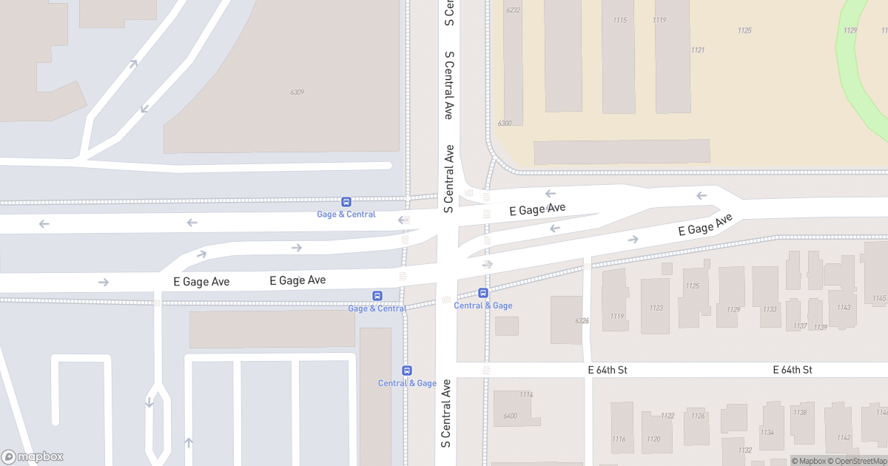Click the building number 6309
(297, 92)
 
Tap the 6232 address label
(513, 10)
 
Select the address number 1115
(619, 20)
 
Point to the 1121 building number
(697, 50)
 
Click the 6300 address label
(505, 124)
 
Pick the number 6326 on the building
(582, 321)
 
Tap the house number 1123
(656, 308)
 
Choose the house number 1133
(770, 309)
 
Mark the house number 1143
(844, 308)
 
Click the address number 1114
(526, 395)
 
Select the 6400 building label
(510, 416)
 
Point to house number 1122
(667, 416)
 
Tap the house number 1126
(698, 416)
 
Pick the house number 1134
(767, 433)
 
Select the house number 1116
(619, 439)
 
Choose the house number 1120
(653, 439)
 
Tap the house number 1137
(800, 326)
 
